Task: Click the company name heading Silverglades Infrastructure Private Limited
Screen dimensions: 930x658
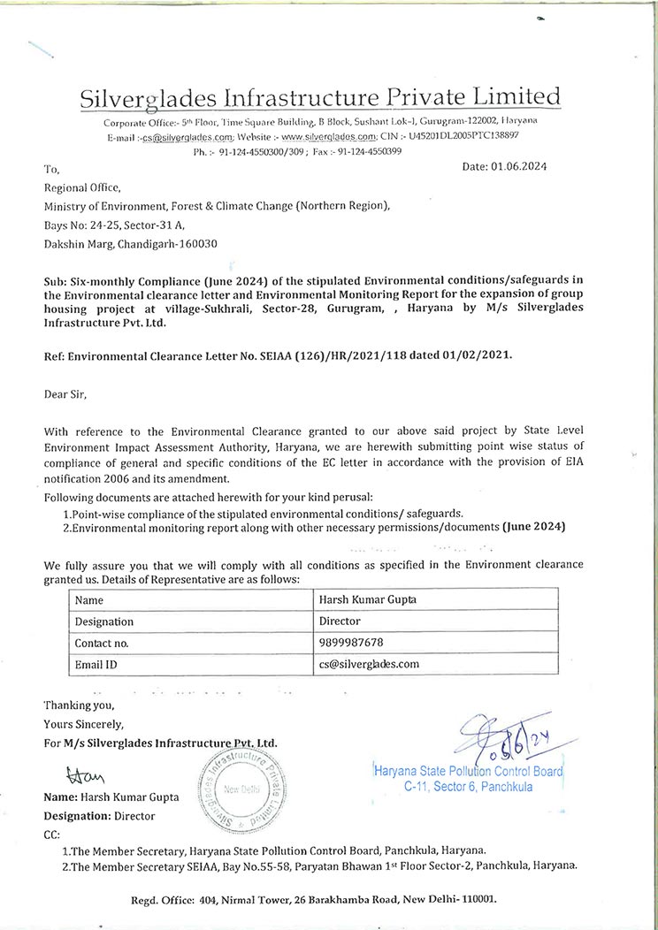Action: click(x=320, y=96)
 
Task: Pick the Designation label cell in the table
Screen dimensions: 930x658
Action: click(x=104, y=621)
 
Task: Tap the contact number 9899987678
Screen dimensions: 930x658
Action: click(x=352, y=643)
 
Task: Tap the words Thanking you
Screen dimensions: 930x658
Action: click(x=79, y=705)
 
